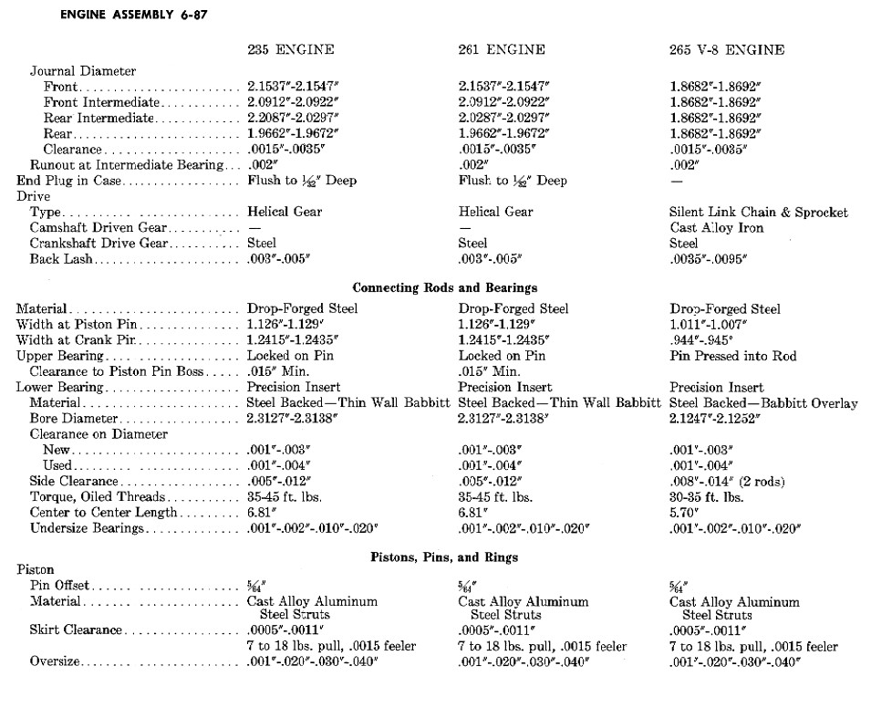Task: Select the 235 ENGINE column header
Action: pos(291,50)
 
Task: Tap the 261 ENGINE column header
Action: pos(502,50)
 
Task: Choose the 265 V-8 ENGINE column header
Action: pos(726,50)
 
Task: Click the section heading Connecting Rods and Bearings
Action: pos(445,288)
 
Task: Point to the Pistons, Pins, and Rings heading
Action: pos(445,557)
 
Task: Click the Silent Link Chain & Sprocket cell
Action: pos(758,213)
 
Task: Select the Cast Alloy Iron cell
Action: pos(716,228)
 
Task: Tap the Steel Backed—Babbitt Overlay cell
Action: pos(762,403)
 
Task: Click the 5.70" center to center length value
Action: pos(686,513)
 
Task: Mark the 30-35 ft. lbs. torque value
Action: pos(706,497)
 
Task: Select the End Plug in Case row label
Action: pos(68,182)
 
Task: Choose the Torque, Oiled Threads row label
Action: pos(98,497)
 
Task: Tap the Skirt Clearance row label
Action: pos(76,630)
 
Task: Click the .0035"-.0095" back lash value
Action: pos(707,260)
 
